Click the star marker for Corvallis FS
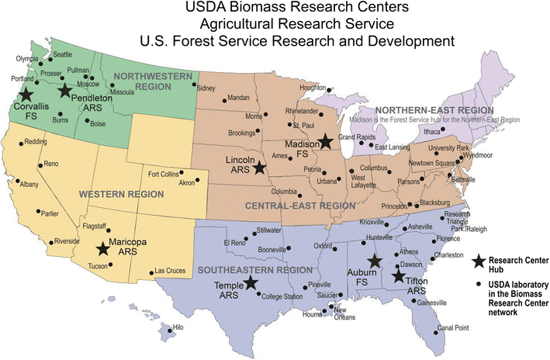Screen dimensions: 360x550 pyautogui.click(x=26, y=94)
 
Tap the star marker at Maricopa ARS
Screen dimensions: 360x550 pyautogui.click(x=102, y=249)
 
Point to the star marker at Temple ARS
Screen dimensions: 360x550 pyautogui.click(x=251, y=283)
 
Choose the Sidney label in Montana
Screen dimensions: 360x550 pyautogui.click(x=206, y=88)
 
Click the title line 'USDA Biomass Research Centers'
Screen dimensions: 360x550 pyautogui.click(x=275, y=9)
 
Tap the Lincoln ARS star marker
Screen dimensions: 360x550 pyautogui.click(x=259, y=168)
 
